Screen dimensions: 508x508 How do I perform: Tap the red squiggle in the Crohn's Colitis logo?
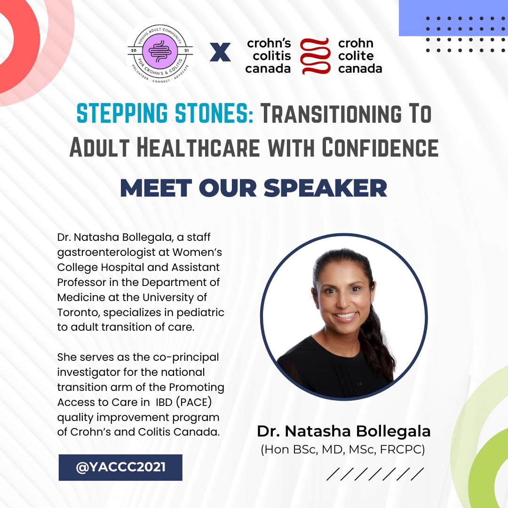click(314, 56)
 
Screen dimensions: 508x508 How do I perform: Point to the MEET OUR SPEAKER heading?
click(254, 188)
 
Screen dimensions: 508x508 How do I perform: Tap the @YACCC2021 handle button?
click(120, 467)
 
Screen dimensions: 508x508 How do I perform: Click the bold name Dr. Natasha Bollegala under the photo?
click(344, 431)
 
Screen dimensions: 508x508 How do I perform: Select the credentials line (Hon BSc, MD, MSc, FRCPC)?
click(343, 450)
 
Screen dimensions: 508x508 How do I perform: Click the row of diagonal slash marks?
click(375, 473)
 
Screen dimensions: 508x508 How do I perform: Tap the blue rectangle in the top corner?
click(453, 18)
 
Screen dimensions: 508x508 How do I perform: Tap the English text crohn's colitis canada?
click(269, 56)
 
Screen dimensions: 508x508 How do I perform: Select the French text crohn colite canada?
click(360, 56)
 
